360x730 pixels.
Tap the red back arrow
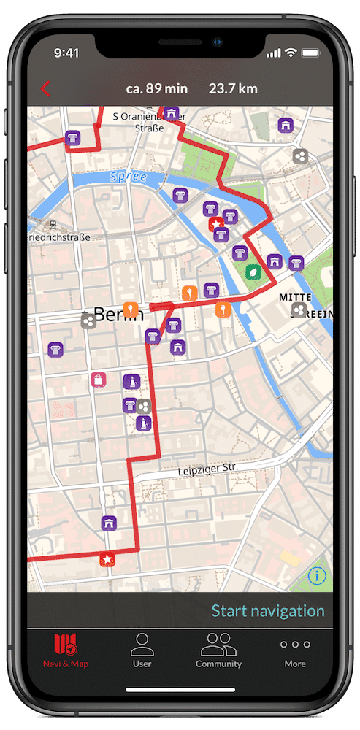tap(45, 89)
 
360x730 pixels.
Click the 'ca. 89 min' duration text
tap(156, 89)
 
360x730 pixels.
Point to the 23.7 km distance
tap(233, 89)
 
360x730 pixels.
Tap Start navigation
tap(267, 611)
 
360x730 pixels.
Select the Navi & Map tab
tap(66, 650)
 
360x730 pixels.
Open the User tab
tap(142, 650)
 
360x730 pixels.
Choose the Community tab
tap(218, 650)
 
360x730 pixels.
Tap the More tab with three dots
tap(295, 650)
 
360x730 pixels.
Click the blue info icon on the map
tap(316, 576)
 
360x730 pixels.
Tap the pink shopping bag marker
tap(98, 379)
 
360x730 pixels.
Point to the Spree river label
tap(128, 177)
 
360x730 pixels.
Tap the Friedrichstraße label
tap(58, 237)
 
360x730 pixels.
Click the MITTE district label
tap(295, 298)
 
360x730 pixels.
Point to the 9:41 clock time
tap(66, 53)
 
